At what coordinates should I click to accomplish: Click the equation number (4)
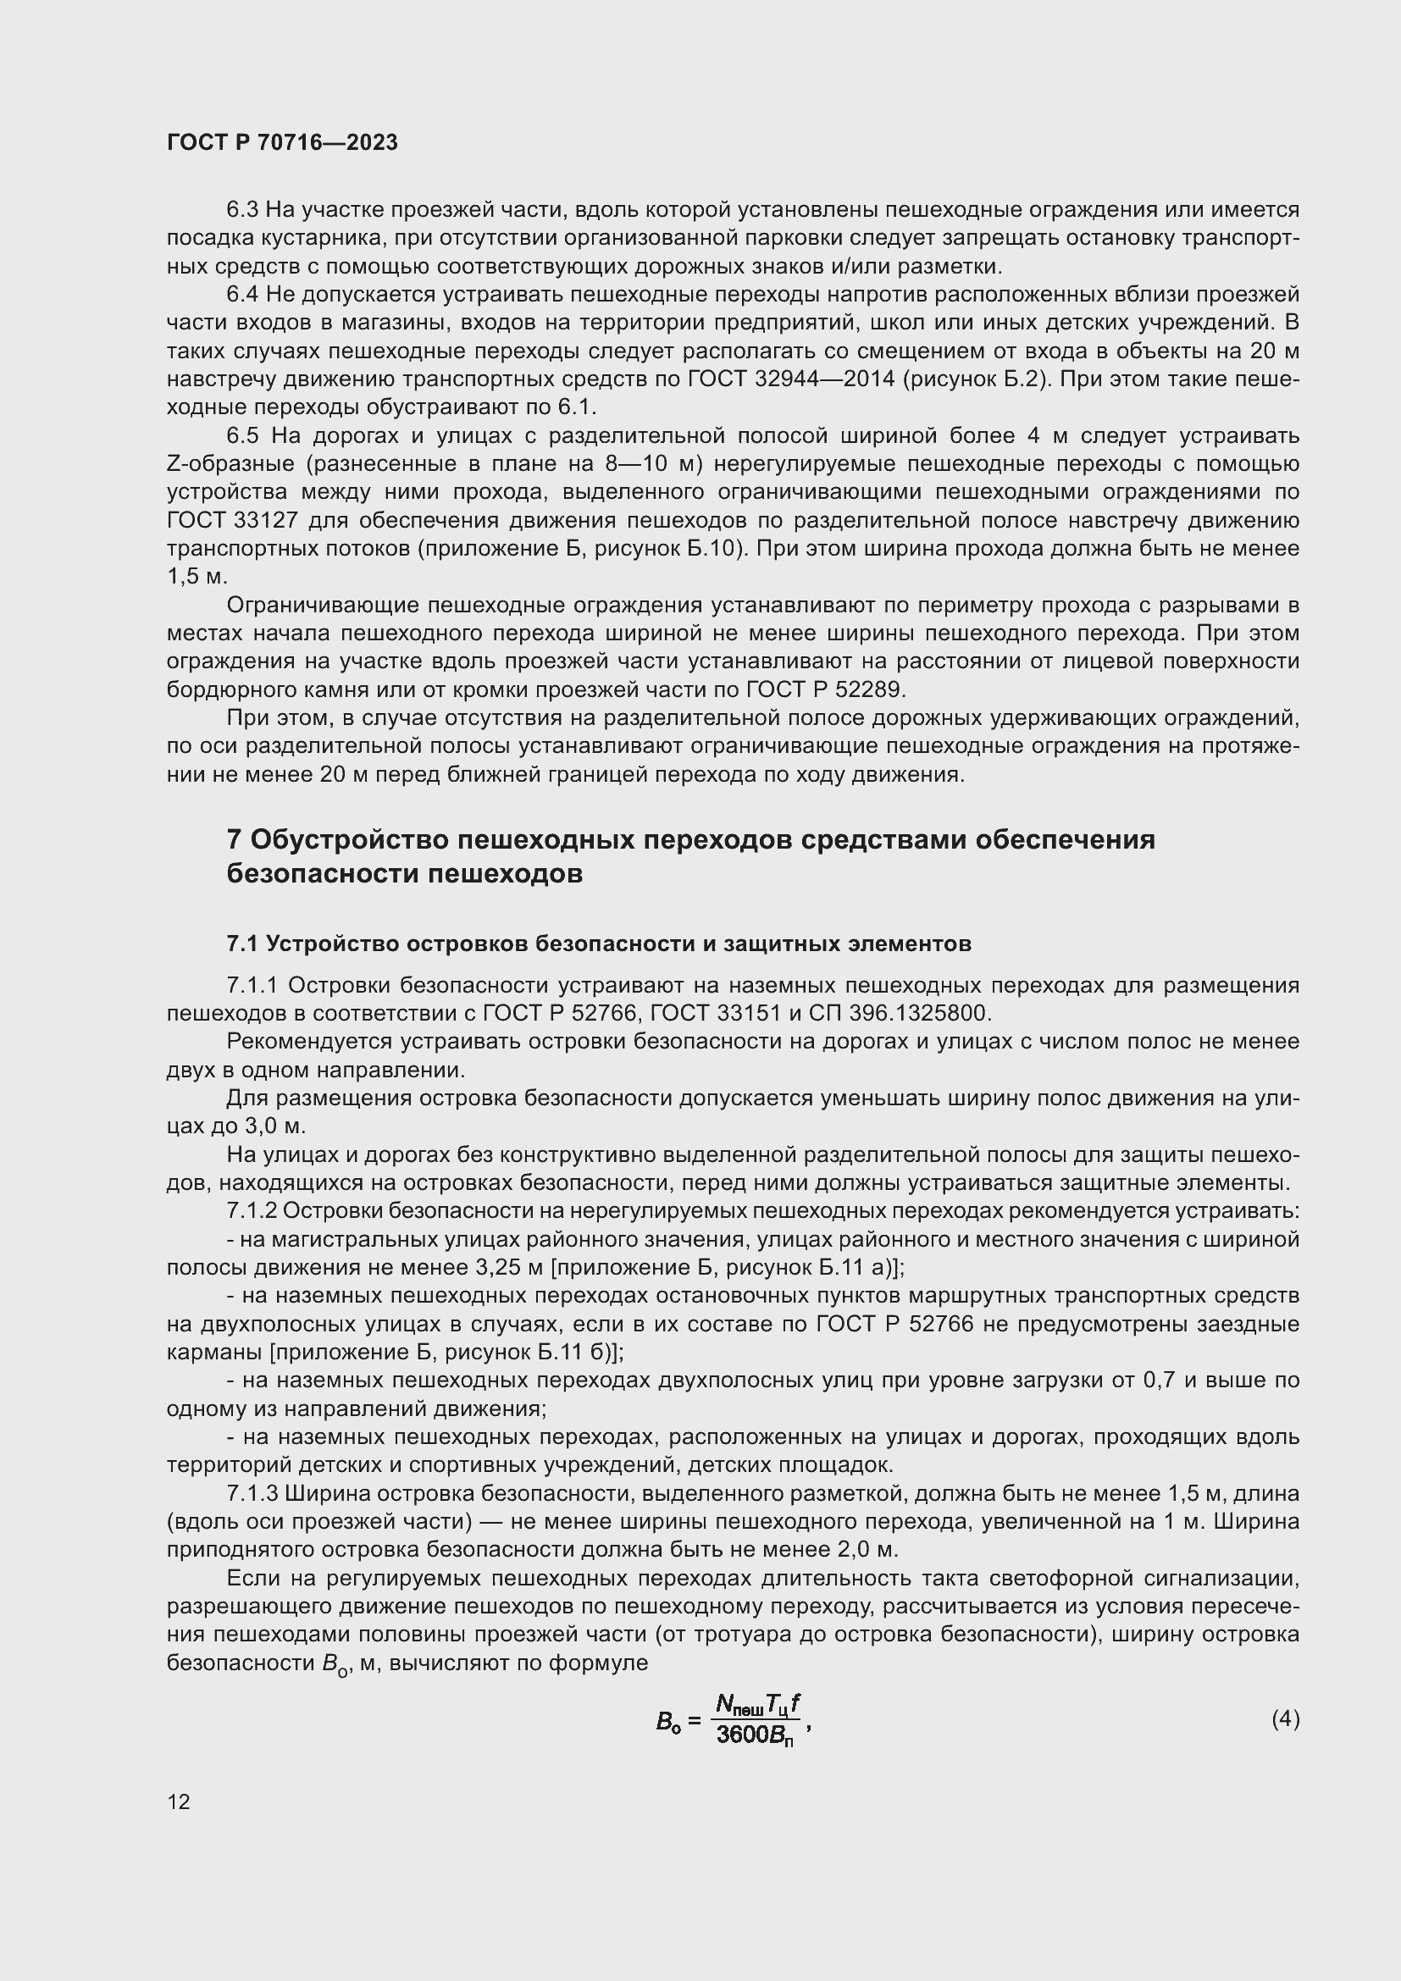click(x=1285, y=1736)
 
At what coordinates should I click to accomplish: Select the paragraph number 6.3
click(x=241, y=211)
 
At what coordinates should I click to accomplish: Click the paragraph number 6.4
click(x=241, y=295)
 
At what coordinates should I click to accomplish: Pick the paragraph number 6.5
click(x=242, y=436)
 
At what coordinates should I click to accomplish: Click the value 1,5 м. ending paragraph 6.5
click(x=196, y=578)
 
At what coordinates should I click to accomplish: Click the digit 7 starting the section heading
click(x=234, y=839)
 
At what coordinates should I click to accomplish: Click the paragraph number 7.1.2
click(x=251, y=1211)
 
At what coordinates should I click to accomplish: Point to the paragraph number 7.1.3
click(x=252, y=1493)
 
